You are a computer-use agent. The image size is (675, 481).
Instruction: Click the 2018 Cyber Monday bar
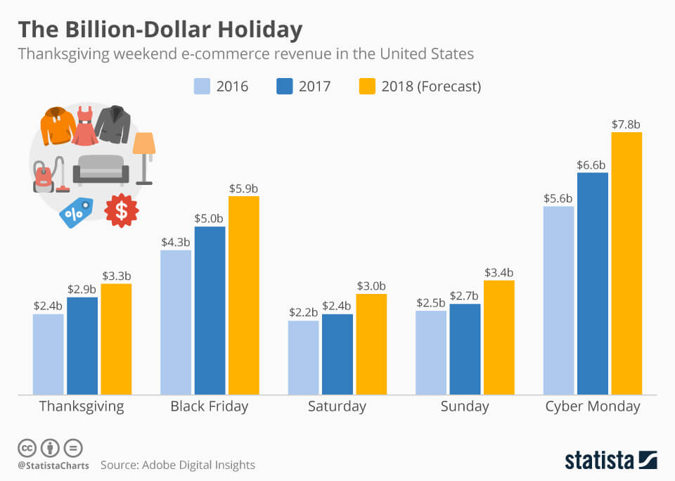point(626,263)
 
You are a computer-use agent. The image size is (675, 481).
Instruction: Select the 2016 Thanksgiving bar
point(49,354)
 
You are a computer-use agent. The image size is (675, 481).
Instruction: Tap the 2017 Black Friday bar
point(210,310)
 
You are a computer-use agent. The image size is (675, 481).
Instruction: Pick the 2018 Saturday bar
point(371,344)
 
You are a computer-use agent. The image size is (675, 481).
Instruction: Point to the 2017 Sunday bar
point(465,349)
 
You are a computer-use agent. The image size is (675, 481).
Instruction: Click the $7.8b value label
point(626,124)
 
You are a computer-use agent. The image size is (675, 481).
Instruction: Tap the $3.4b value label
point(499,273)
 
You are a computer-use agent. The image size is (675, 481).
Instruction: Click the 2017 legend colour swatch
point(284,86)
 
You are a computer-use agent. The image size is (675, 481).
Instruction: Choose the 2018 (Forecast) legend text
point(431,86)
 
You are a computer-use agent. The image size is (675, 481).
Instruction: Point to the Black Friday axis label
point(210,406)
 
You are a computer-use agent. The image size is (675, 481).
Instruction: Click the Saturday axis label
point(337,406)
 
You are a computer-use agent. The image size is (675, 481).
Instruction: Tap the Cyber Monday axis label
point(593,406)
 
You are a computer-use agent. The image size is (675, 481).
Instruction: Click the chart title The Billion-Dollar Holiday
point(160,30)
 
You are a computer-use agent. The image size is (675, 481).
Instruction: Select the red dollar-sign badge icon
point(122,210)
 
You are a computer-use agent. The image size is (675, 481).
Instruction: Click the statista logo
point(610,461)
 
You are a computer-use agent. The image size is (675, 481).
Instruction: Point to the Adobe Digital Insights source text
point(177,465)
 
